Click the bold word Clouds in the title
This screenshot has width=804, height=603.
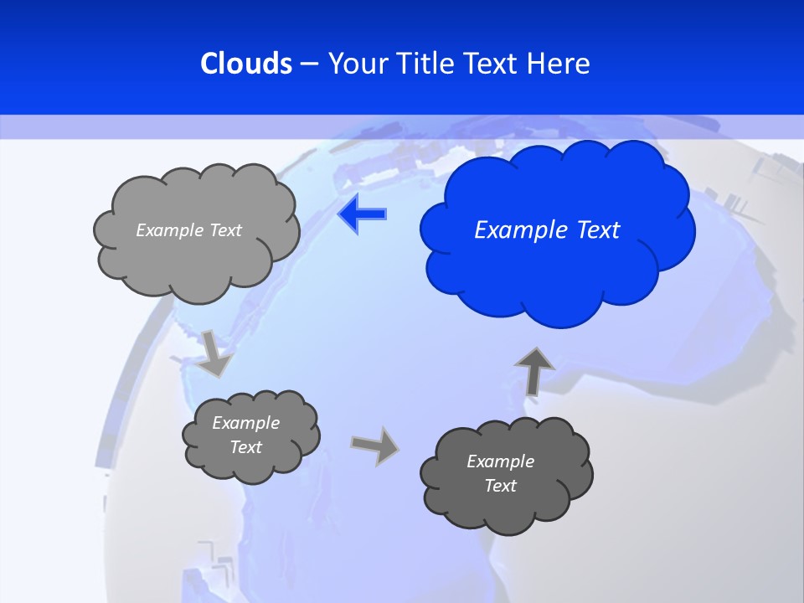click(x=246, y=63)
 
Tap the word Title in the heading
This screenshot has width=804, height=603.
click(x=425, y=63)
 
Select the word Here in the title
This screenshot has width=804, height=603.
click(x=559, y=63)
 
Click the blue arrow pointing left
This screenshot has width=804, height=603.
click(x=363, y=214)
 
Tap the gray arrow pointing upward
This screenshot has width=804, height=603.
click(x=533, y=369)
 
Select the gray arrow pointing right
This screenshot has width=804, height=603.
click(x=374, y=445)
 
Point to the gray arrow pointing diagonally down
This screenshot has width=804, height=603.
click(x=214, y=353)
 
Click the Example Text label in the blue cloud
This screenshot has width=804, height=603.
click(x=547, y=229)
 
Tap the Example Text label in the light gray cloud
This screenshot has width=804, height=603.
click(x=188, y=229)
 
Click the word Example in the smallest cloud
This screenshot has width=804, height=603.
click(x=245, y=423)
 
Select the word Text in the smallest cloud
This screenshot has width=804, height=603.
click(x=245, y=447)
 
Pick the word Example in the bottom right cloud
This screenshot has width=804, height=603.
click(x=500, y=461)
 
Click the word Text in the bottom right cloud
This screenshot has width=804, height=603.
click(x=500, y=486)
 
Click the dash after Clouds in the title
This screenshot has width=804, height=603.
click(x=309, y=63)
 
